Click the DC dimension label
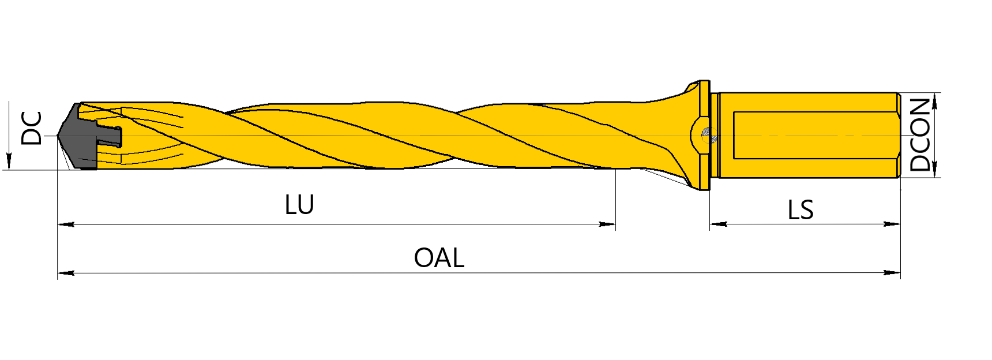point(32,128)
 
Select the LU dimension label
point(299,205)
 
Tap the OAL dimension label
point(439,258)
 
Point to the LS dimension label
point(801,210)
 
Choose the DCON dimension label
point(920,134)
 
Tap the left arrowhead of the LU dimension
point(66,224)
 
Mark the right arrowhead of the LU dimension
point(607,224)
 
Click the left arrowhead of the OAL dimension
point(66,272)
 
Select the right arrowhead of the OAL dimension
point(892,272)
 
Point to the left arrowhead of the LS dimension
point(718,224)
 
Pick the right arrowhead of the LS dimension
point(892,224)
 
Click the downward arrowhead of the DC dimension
point(9,162)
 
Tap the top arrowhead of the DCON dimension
point(935,101)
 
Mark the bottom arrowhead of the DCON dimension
point(935,168)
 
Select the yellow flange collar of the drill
point(704,136)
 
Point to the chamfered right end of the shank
point(899,135)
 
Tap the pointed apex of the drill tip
point(58,136)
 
